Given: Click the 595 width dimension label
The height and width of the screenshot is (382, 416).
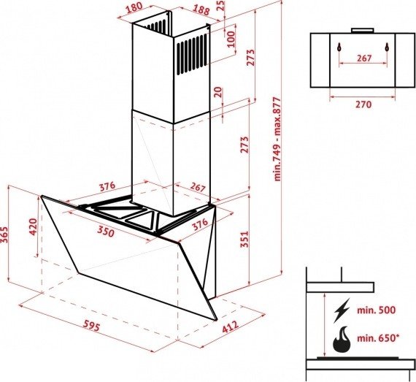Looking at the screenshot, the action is pos(92,326).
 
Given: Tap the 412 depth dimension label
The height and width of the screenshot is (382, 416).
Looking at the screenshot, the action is pos(230,326).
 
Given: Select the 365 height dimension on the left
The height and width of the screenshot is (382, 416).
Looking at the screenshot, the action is pos(4,234).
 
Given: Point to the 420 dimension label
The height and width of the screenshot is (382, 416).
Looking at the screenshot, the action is pos(33,226).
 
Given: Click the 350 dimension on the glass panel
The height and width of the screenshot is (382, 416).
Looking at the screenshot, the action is pos(106,232).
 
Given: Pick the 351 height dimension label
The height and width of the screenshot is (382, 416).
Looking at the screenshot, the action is pos(244,239).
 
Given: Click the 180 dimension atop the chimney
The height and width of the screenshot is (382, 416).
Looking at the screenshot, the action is pos(134,8).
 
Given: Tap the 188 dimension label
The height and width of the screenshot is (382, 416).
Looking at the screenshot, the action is pos(201,10).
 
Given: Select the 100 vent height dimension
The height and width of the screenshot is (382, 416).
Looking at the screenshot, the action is pos(231,39).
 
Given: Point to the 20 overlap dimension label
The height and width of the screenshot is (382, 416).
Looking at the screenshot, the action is pos(218,93).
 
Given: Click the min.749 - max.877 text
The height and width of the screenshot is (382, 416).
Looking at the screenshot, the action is pos(277,139).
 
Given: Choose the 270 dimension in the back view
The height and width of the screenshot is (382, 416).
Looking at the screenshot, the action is pos(363,104).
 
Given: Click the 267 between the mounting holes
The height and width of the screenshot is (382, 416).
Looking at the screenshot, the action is pos(363,58).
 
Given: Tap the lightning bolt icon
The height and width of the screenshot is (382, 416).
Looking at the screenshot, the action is pos(342,310).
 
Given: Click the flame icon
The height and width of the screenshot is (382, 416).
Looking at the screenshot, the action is pos(342,340).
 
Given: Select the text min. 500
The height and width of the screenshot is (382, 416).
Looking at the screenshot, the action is pos(376,310).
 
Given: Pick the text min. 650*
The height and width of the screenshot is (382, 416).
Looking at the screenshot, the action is pos(378,338).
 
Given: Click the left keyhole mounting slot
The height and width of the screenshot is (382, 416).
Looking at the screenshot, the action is pos(339,47).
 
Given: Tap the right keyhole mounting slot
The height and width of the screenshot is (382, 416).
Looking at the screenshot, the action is pos(388,47).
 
